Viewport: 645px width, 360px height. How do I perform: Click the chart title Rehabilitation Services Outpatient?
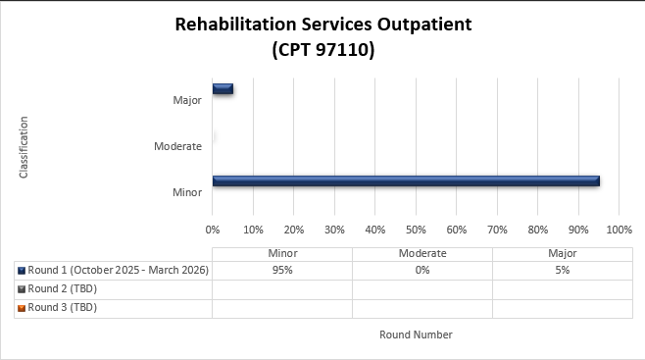click(322, 25)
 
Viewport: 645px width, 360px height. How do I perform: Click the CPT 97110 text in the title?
click(322, 49)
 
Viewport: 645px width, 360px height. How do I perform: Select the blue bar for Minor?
click(405, 180)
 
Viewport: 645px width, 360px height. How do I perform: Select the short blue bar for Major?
click(223, 89)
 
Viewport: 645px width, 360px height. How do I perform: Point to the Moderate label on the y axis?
click(177, 146)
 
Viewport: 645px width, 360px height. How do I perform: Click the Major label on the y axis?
click(186, 99)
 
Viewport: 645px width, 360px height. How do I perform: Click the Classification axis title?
click(24, 147)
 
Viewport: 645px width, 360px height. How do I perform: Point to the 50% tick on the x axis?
click(416, 230)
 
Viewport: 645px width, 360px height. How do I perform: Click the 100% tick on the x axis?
click(619, 230)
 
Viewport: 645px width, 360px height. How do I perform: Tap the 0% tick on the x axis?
click(213, 230)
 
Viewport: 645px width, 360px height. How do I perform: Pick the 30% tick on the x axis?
click(334, 230)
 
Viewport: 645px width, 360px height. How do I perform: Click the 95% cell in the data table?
click(282, 270)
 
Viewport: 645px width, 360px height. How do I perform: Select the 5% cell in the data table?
click(562, 270)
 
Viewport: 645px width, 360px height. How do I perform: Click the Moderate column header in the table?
click(422, 252)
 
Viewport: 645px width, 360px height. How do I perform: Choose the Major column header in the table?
click(562, 252)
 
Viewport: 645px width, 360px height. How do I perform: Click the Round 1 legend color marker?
click(22, 270)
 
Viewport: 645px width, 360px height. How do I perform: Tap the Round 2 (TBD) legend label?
click(63, 288)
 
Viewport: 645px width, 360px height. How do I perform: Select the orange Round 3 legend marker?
click(22, 307)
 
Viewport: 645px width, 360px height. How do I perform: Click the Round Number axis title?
click(416, 334)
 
